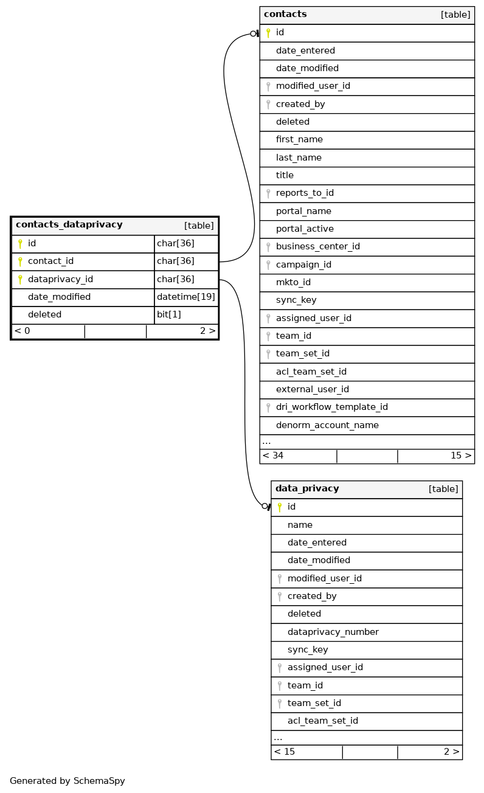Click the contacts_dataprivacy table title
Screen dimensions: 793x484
tap(69, 225)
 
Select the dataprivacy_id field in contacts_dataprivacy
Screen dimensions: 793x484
tap(60, 279)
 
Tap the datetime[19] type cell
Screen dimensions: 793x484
tap(185, 297)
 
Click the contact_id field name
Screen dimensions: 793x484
tap(50, 261)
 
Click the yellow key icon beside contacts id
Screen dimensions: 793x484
tap(268, 33)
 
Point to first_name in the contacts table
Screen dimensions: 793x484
tap(299, 139)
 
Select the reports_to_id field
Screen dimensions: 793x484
tap(305, 193)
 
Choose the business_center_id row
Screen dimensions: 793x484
tap(317, 246)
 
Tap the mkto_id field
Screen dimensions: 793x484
tap(293, 282)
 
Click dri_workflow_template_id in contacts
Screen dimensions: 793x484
tap(331, 407)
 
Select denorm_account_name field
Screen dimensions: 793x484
tap(327, 425)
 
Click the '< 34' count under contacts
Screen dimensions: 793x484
tap(273, 455)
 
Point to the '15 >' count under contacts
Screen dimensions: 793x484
tap(460, 455)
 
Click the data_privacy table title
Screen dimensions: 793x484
tap(307, 489)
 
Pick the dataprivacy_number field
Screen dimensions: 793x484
tap(333, 632)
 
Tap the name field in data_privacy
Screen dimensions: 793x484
tap(300, 525)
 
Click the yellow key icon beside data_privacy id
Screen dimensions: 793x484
tap(280, 507)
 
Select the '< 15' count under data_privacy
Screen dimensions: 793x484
tap(285, 752)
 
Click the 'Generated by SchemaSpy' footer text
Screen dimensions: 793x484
tap(67, 781)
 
